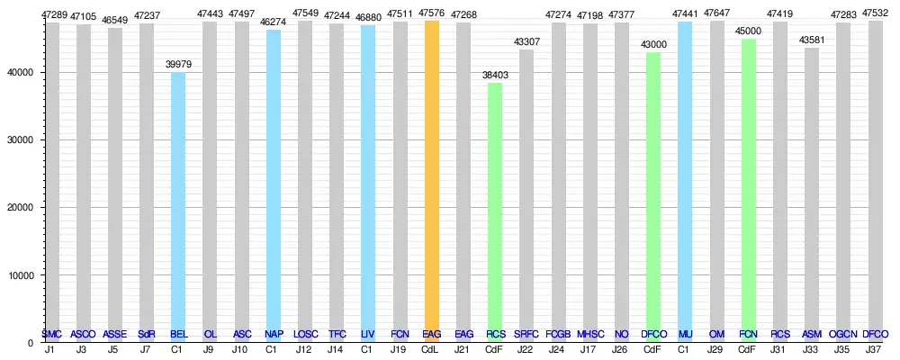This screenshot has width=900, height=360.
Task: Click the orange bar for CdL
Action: tap(432, 180)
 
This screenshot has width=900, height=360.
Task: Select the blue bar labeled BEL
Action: tap(178, 207)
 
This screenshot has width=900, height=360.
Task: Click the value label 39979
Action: tap(178, 65)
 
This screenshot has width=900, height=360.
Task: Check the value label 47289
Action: tap(52, 15)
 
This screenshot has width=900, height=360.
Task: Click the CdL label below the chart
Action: tap(432, 348)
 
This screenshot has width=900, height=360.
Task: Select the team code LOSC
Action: tap(305, 335)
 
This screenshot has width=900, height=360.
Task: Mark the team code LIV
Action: tap(368, 335)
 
